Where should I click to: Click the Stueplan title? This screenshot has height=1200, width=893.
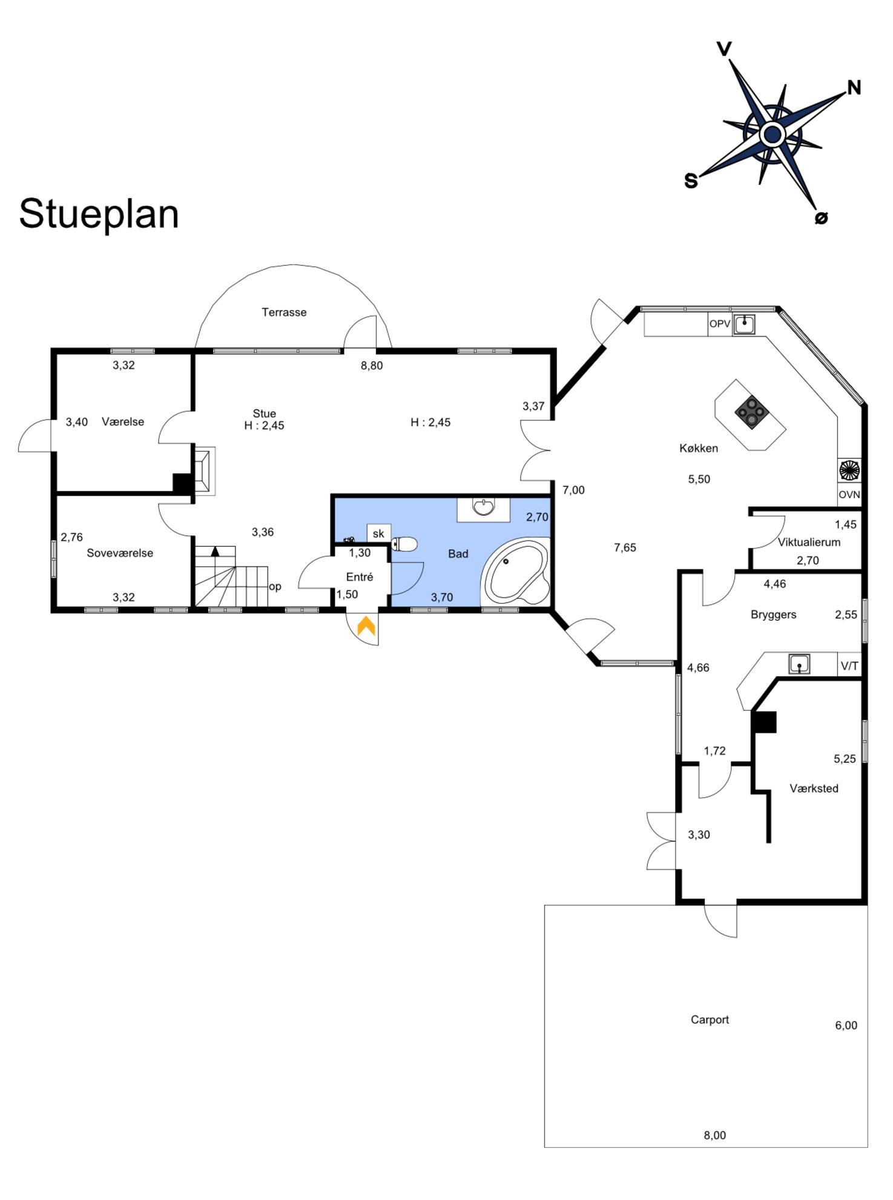coord(99,214)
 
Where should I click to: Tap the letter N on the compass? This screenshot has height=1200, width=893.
coord(854,88)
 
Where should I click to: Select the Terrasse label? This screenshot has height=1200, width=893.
coord(284,312)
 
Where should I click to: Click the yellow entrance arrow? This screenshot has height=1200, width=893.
coord(366,626)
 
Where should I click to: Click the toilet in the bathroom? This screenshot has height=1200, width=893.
coord(404,544)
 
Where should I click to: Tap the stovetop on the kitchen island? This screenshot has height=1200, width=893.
coord(752,412)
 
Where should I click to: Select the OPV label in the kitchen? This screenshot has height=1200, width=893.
coord(719,324)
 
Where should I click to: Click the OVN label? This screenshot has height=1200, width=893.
coord(849,495)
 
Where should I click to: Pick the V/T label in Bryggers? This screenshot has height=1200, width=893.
coord(849,666)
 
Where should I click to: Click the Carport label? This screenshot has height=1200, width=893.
coord(710,1020)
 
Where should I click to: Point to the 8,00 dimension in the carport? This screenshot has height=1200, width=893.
coord(714,1135)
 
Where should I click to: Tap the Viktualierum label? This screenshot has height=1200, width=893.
coord(809,542)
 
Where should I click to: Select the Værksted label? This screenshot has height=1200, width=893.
coord(814,788)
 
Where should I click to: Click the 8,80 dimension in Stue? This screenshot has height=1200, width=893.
coord(372,366)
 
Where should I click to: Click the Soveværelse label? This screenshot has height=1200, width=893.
coord(120,553)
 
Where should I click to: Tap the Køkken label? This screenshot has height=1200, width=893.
coord(699,448)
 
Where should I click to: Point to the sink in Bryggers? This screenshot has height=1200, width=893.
coord(799,664)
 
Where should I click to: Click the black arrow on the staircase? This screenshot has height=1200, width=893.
coord(215,551)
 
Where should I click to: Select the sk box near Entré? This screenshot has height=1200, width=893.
coord(378,533)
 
